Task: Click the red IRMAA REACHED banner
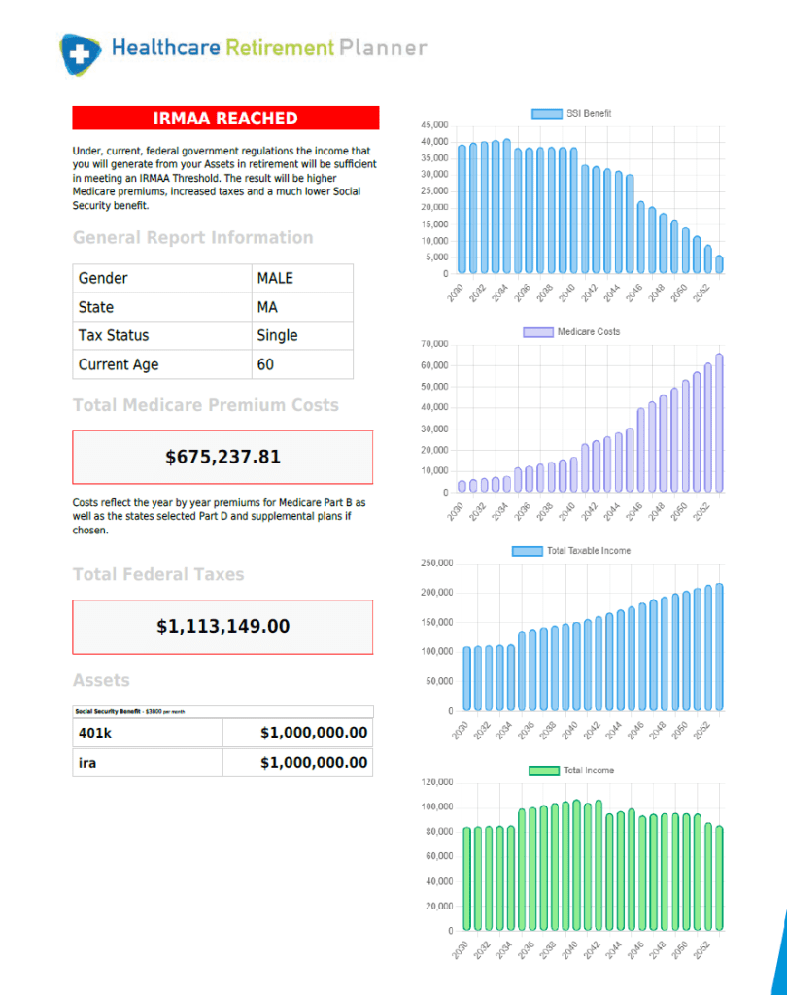click(225, 119)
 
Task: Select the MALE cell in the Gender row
click(275, 278)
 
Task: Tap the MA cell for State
click(267, 307)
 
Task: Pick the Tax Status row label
click(114, 335)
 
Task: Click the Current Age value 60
click(265, 364)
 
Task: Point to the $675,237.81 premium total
click(222, 457)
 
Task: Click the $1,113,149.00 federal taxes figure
click(222, 627)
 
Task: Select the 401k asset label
click(94, 733)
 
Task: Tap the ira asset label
click(87, 763)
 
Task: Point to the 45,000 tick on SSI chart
click(434, 125)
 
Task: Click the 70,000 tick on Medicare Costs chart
click(434, 344)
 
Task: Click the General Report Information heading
click(192, 237)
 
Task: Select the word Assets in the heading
click(101, 680)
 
